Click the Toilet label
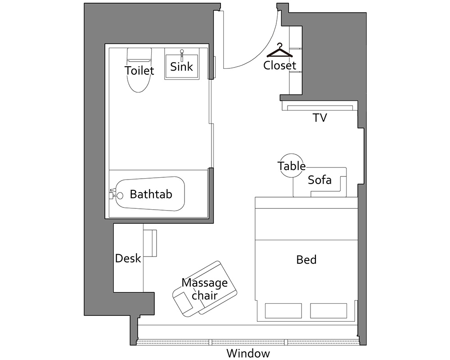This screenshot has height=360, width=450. coord(139,70)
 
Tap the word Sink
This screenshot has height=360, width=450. coord(182,67)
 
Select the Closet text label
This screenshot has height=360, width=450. coord(279,65)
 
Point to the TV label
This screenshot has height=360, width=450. coord(319,118)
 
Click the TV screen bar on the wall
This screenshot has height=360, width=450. coord(320,108)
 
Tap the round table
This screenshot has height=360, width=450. coord(292,166)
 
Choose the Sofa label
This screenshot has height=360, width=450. coord(319,180)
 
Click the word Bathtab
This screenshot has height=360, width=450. coord(151,194)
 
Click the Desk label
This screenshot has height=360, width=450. coord(128,258)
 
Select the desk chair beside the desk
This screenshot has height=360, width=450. coord(150,243)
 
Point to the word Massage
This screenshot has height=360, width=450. coord(205,283)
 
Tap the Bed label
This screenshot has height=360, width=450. coord(306,260)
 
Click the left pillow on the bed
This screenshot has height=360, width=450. coord(283,310)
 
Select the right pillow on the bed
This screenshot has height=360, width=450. coord(328,310)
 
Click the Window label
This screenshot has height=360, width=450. coord(248,353)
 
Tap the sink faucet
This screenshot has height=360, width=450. coord(182,54)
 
